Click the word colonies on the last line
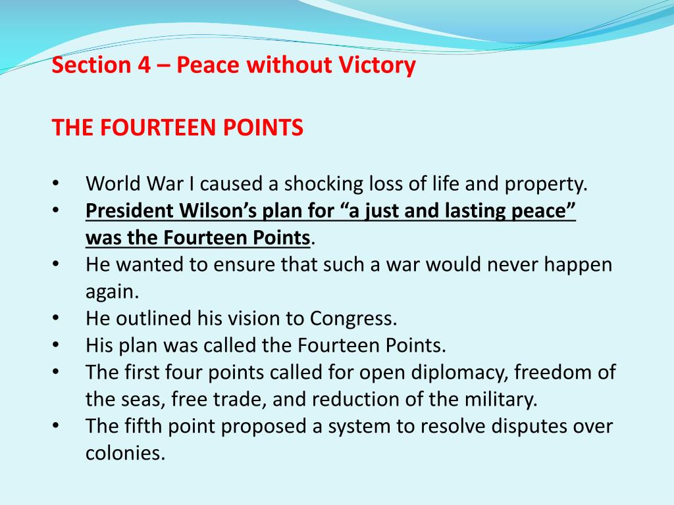124,453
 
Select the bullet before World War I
56,185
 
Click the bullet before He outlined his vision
56,319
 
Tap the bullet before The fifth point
56,426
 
